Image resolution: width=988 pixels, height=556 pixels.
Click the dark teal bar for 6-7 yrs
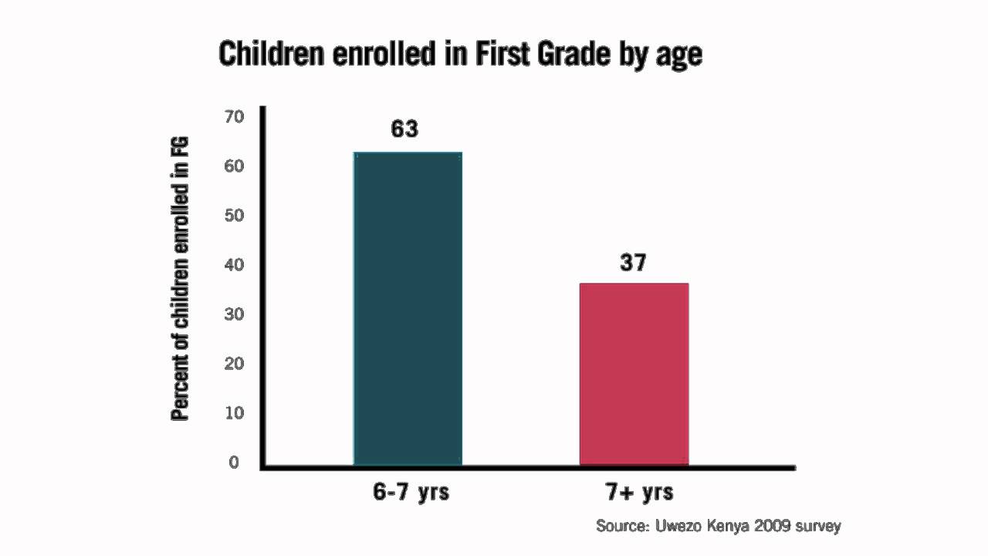click(x=408, y=309)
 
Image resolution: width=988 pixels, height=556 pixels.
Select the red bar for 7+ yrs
click(x=634, y=375)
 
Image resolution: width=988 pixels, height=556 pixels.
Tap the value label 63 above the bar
click(x=404, y=129)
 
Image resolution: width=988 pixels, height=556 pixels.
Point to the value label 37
click(x=633, y=263)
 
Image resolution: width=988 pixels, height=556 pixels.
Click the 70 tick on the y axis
click(x=233, y=117)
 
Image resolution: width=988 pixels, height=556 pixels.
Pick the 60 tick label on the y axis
click(x=233, y=166)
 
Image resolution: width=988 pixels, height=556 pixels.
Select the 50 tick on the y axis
click(x=233, y=215)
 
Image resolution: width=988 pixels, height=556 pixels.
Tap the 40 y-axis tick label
click(x=233, y=265)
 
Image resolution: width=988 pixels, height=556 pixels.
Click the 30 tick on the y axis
click(x=233, y=314)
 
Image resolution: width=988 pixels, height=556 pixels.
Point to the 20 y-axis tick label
click(x=233, y=364)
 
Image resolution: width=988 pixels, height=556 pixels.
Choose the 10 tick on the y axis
click(x=233, y=413)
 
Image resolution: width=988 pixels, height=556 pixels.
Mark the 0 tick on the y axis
click(x=234, y=463)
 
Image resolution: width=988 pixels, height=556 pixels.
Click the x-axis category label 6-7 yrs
click(x=411, y=492)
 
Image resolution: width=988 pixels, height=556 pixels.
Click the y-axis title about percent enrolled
click(x=180, y=278)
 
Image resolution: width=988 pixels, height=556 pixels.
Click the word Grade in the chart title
click(x=572, y=55)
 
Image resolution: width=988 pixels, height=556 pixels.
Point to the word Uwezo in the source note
click(x=679, y=526)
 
